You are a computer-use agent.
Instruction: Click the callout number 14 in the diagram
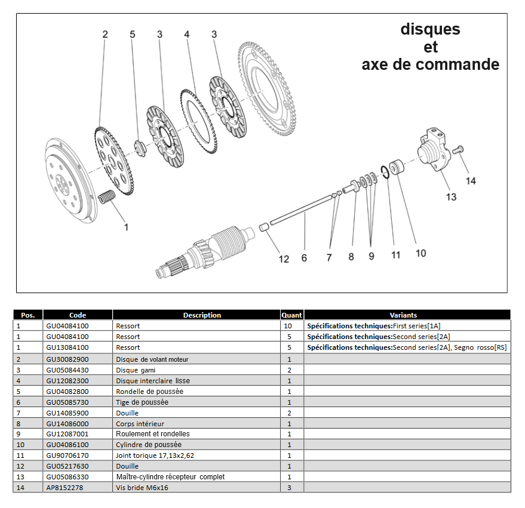[x=471, y=181]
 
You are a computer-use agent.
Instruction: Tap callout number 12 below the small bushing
[x=284, y=258]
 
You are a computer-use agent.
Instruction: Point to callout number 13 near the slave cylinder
[x=451, y=196]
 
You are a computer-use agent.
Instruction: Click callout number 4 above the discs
[x=187, y=35]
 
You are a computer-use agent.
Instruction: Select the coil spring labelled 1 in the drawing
[x=106, y=197]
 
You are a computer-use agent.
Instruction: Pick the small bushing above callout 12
[x=263, y=227]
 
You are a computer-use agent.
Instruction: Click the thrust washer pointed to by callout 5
[x=139, y=147]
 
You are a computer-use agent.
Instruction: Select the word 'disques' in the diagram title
[x=430, y=29]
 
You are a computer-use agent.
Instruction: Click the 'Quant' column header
[x=292, y=315]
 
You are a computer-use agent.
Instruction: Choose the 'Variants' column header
[x=403, y=315]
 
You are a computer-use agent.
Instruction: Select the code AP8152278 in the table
[x=65, y=488]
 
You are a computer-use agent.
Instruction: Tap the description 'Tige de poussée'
[x=142, y=402]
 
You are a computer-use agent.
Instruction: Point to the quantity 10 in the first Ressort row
[x=289, y=326]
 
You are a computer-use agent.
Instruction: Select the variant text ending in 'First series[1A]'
[x=373, y=326]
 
